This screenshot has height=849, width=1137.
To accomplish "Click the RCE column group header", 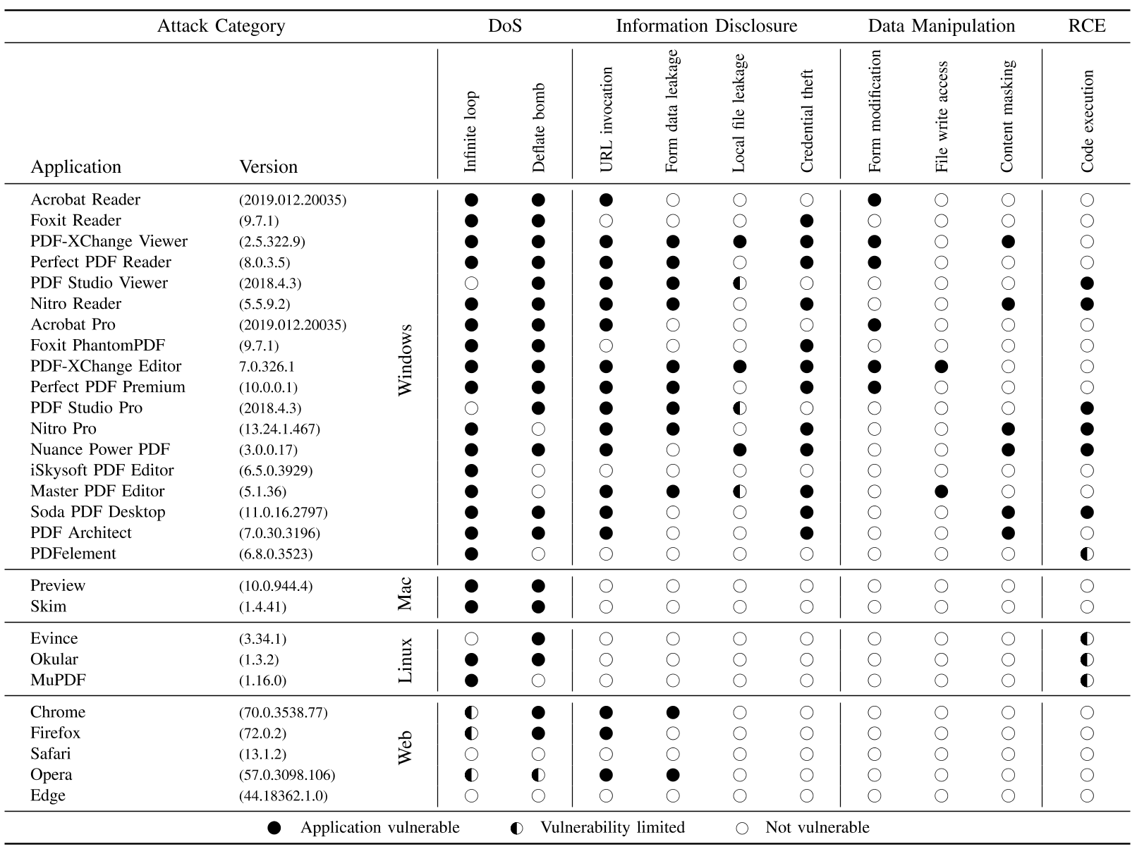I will [x=1086, y=26].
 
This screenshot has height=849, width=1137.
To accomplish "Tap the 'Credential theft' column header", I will [x=807, y=121].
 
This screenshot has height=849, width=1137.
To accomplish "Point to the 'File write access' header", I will [x=942, y=117].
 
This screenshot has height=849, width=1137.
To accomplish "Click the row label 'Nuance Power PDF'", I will [x=100, y=449].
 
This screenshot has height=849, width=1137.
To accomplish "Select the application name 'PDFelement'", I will [x=73, y=554].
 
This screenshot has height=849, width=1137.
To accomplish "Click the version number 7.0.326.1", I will [x=267, y=367].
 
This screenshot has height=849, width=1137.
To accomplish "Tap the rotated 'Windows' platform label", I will [x=405, y=360].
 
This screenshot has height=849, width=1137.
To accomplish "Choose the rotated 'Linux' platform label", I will [x=405, y=660].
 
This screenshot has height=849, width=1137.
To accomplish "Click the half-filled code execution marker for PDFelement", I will [x=1087, y=554].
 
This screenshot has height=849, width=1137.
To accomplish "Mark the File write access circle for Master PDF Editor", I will [x=942, y=491].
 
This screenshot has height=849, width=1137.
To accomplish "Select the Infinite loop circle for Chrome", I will [x=472, y=713].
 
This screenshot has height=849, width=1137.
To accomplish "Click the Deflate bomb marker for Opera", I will [x=539, y=775].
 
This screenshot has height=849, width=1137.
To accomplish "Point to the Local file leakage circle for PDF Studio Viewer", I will [x=740, y=283].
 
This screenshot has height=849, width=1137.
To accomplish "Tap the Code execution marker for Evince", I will [x=1087, y=639].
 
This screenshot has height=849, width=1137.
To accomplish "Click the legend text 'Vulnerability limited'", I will [x=612, y=827].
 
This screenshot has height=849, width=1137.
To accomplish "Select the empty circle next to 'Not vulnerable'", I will [x=741, y=828].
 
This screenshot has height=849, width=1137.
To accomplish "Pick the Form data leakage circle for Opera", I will [x=673, y=775].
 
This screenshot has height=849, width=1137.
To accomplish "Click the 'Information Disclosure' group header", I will [x=706, y=26].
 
